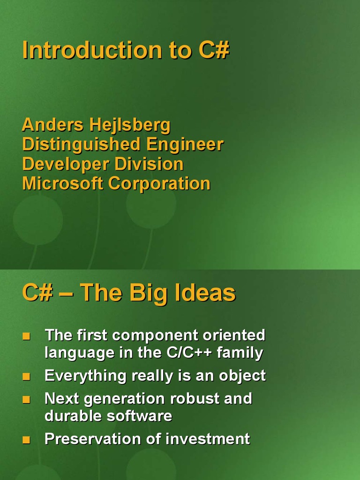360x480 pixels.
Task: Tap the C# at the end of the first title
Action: pyautogui.click(x=214, y=50)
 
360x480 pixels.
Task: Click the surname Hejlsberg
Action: pyautogui.click(x=130, y=126)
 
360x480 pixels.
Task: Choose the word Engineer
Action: pyautogui.click(x=185, y=145)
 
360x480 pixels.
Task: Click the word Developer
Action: pyautogui.click(x=66, y=165)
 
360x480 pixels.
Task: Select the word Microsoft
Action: pyautogui.click(x=62, y=183)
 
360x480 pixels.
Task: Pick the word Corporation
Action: pyautogui.click(x=159, y=184)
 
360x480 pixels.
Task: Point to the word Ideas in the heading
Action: pyautogui.click(x=205, y=292)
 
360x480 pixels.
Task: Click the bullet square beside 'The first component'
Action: pyautogui.click(x=26, y=336)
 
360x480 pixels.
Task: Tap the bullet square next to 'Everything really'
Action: pyautogui.click(x=26, y=376)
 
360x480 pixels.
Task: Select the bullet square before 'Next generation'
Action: pyautogui.click(x=26, y=399)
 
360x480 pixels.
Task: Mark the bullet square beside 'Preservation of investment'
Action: pyautogui.click(x=26, y=440)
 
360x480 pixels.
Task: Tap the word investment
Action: pyautogui.click(x=208, y=439)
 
